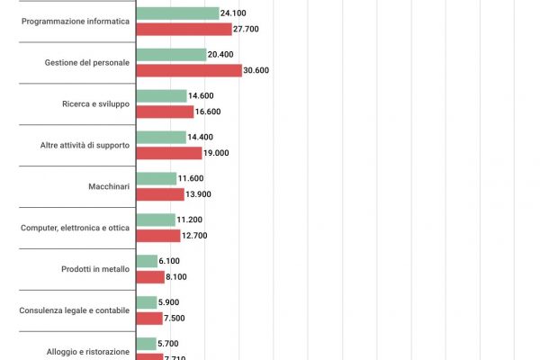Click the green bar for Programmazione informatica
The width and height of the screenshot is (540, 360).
coord(177,13)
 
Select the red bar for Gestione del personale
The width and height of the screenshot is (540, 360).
coord(188,70)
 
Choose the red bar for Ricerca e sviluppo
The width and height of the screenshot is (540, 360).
coord(165,112)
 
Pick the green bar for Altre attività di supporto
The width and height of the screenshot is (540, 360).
coord(161,137)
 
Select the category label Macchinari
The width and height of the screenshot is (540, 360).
coord(108,186)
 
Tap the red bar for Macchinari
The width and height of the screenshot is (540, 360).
coord(159,194)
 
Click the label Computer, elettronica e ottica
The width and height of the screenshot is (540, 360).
coord(76,228)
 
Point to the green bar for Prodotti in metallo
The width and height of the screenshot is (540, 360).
coord(146,261)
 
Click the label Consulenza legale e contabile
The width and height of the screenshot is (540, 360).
coord(75,310)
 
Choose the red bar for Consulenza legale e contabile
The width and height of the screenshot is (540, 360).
coord(148,318)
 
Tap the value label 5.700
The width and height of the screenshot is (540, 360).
coord(168,344)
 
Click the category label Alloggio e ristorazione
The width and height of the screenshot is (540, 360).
coord(87,351)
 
